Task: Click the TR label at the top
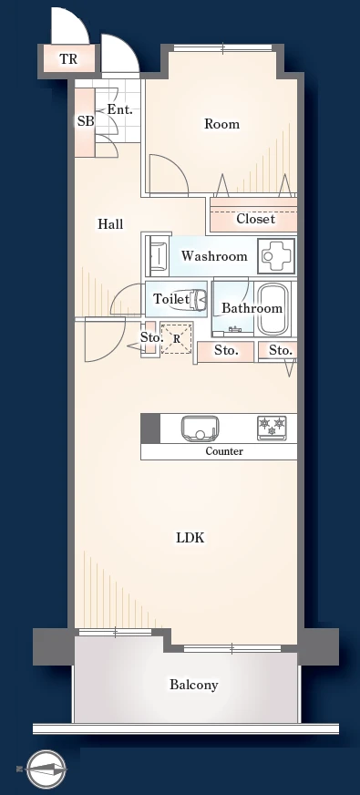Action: tap(68, 59)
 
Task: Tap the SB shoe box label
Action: tap(85, 121)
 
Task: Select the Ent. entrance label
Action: tap(119, 109)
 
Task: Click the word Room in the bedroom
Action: tap(221, 124)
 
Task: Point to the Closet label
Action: tap(255, 219)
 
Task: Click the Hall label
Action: tap(110, 223)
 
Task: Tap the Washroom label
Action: tap(214, 256)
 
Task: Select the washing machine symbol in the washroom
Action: tap(276, 256)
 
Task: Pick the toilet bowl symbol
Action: tap(198, 299)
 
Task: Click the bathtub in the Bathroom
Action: tap(273, 309)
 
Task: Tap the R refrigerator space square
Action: tap(177, 337)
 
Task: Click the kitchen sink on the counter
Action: tap(200, 428)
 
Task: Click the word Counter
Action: tap(224, 451)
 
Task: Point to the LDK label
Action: tap(190, 538)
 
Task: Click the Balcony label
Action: tap(194, 685)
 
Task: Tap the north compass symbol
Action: tap(45, 769)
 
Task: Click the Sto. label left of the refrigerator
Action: tap(151, 337)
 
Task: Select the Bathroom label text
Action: tap(252, 308)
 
